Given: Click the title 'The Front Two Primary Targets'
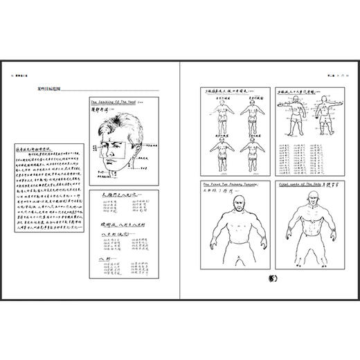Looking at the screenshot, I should coord(228,185).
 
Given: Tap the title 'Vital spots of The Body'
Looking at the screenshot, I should coord(300,185).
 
